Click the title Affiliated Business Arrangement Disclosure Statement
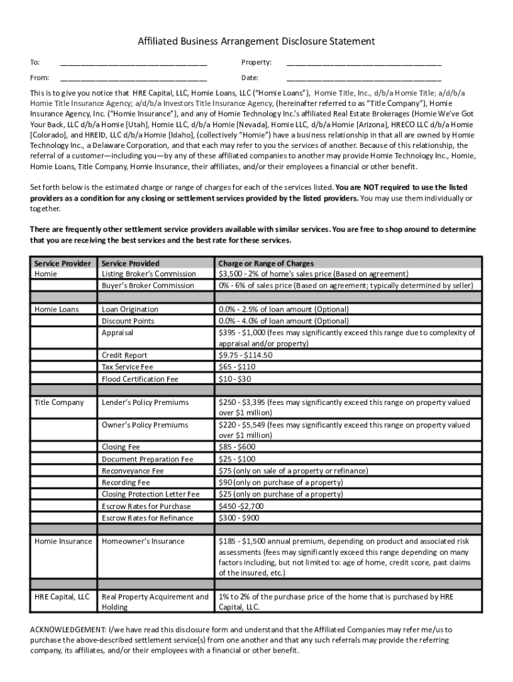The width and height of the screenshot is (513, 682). tap(256, 41)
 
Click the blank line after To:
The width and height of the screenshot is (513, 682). tap(133, 64)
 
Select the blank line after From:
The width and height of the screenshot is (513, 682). tap(133, 79)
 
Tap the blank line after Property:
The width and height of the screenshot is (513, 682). tap(363, 64)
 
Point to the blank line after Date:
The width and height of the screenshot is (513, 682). tap(363, 79)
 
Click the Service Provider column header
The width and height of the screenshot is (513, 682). tap(63, 263)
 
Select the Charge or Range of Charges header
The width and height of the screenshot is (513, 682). tap(266, 263)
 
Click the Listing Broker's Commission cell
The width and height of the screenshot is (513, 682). tap(149, 274)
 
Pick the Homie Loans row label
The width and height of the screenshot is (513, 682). tap(57, 309)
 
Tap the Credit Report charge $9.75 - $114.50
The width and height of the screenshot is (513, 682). tap(245, 355)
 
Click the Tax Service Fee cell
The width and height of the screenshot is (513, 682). tap(127, 366)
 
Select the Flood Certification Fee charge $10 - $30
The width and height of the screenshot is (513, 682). tap(235, 379)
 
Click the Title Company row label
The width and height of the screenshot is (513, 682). tap(59, 402)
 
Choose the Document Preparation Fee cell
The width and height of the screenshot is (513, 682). tap(147, 459)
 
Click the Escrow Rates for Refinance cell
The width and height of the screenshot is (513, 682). tap(147, 517)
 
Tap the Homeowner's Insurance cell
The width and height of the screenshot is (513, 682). tap(143, 541)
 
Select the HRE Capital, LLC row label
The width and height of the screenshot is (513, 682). tap(63, 597)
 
